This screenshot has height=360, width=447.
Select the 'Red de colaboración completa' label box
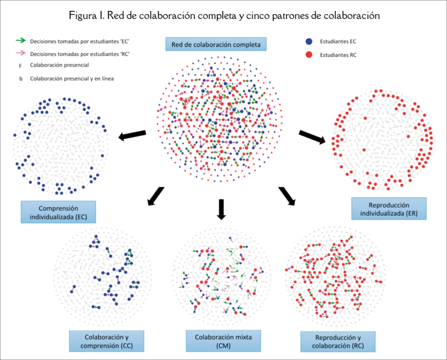point(216,44)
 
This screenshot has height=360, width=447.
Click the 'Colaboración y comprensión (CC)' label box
point(107,341)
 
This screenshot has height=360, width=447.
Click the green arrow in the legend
point(20,41)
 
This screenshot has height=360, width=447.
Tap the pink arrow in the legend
point(20,53)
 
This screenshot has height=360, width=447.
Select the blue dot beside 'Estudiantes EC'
point(308,41)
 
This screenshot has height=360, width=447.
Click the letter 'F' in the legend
point(20,66)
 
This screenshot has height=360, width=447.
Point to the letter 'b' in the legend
point(20,79)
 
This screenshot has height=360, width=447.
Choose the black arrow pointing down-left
point(155,196)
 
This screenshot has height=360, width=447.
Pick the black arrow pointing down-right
point(287,196)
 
